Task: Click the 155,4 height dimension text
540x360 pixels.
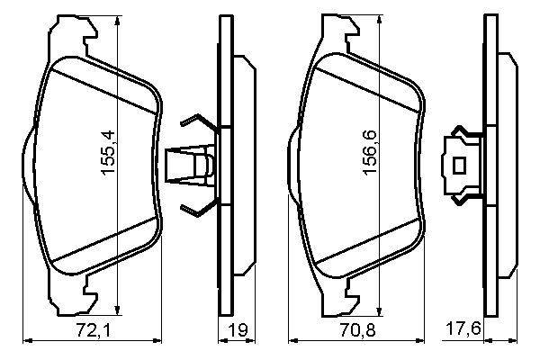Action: click(107, 153)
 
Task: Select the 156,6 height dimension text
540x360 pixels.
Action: click(371, 153)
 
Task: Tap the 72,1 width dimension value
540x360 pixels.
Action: click(94, 330)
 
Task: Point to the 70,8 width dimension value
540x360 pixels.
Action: click(357, 330)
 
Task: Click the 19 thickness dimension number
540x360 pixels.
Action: click(238, 330)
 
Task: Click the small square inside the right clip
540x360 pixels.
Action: click(459, 166)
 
